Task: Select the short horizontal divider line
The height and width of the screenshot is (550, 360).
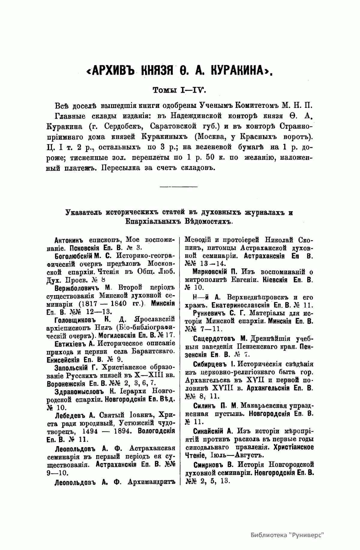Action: point(179,187)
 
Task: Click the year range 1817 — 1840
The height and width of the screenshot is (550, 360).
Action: point(100,304)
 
